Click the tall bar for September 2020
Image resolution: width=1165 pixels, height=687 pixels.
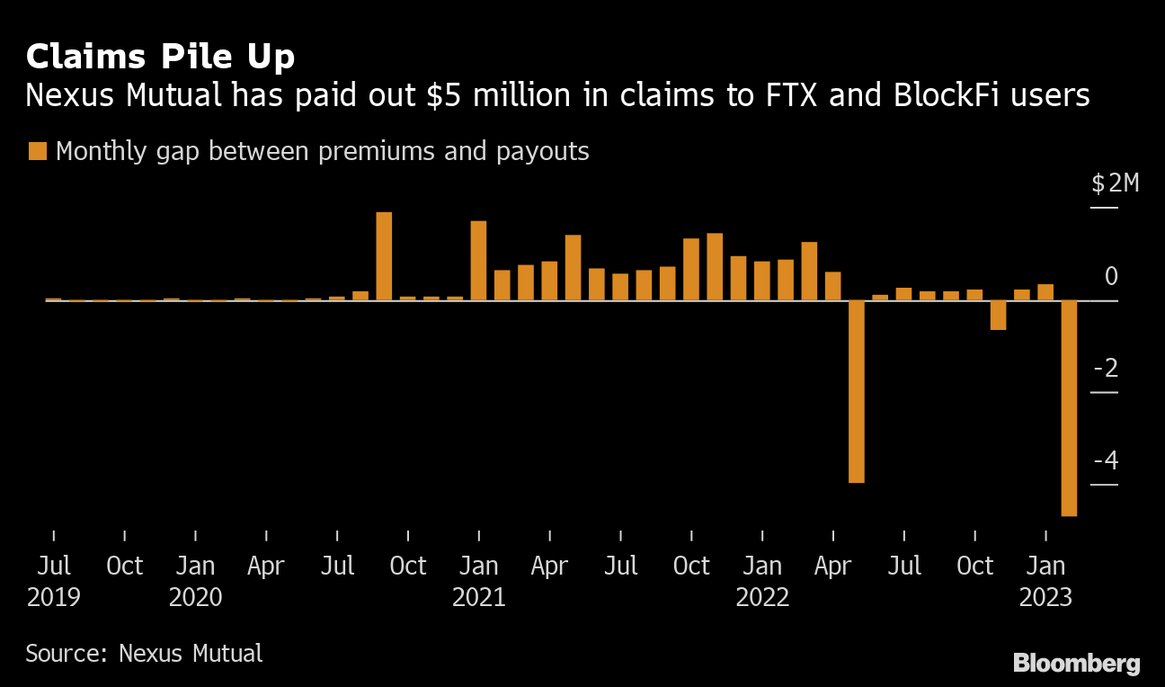click(x=384, y=256)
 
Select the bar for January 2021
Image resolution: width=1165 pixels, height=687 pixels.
click(x=478, y=261)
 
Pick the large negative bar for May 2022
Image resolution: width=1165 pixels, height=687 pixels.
click(x=857, y=391)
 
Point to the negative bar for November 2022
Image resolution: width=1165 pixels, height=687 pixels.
click(x=998, y=315)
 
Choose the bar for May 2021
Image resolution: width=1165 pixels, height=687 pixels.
click(x=573, y=267)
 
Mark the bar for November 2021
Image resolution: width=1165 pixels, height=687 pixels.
click(x=715, y=266)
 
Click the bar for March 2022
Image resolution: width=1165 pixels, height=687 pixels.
click(x=809, y=271)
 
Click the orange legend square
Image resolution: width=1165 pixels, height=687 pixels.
click(x=37, y=151)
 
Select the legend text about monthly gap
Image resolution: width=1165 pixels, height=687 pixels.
click(x=322, y=151)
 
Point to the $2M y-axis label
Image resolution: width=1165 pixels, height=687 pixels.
click(x=1115, y=184)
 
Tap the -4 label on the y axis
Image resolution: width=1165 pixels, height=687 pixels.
click(x=1106, y=461)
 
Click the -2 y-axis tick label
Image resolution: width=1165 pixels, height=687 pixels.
click(x=1106, y=369)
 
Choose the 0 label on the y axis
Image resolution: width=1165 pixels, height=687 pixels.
click(x=1111, y=276)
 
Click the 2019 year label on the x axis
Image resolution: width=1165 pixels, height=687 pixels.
click(x=53, y=597)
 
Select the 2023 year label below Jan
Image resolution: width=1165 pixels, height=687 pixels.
click(x=1045, y=597)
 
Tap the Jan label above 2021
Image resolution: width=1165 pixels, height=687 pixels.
click(x=479, y=567)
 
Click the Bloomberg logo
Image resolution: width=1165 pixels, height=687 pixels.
click(x=1076, y=664)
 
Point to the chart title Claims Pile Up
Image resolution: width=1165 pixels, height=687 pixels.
click(x=160, y=58)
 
